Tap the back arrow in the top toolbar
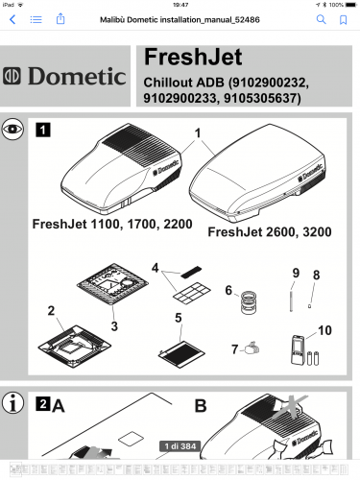coord(12,19)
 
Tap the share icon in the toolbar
coord(60,19)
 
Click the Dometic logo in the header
coord(65,76)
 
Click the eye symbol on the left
coord(12,127)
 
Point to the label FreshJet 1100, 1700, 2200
coord(111,224)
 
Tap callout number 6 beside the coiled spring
coord(228,289)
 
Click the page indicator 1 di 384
coord(180,446)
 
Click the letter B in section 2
coord(200,405)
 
